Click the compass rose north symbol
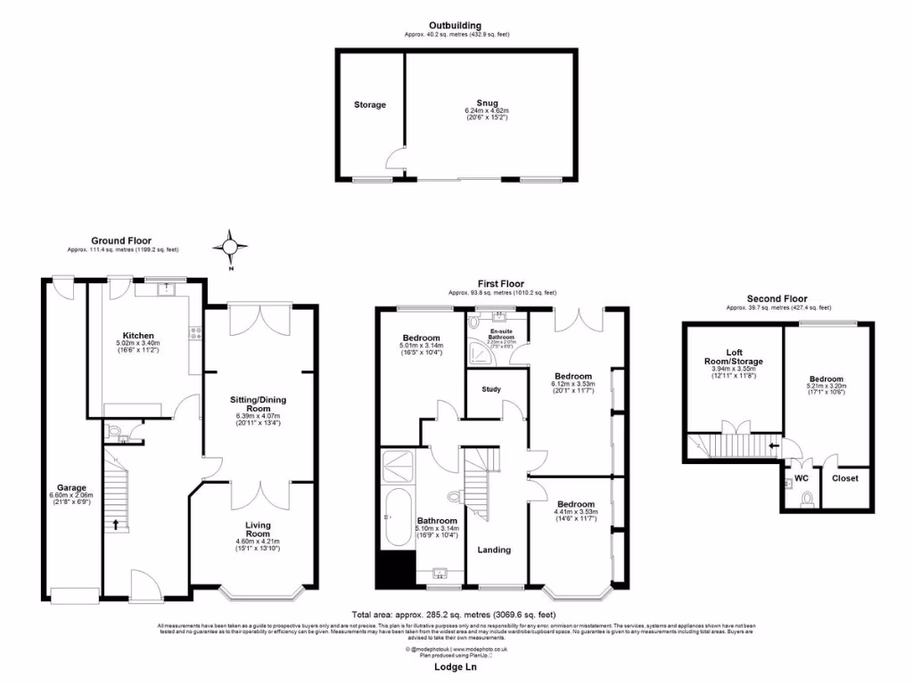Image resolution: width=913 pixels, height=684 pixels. pos(231,247)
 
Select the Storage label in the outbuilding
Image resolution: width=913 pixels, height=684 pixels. pos(370,105)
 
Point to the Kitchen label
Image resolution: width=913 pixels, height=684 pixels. pos(136,336)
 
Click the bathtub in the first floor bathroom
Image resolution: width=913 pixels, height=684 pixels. pos(394,517)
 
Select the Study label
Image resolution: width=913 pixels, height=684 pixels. pos(491,389)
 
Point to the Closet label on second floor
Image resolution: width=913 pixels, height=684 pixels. pos(844,478)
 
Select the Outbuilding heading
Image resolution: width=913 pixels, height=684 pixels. pos(456,26)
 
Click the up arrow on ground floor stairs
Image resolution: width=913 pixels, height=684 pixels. pos(115,524)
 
